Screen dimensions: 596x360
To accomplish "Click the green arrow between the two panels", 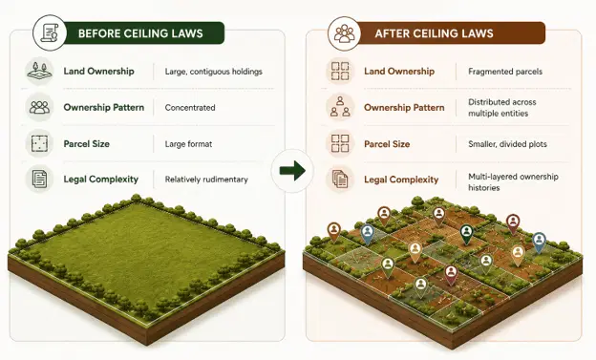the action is [292, 170].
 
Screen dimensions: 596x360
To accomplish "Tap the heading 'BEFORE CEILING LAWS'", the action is [140, 33].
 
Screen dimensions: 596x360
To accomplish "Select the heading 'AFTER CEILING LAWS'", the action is [434, 33].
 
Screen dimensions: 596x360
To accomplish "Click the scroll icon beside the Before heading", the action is [50, 33].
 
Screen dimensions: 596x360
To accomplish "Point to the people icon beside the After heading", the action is [345, 33].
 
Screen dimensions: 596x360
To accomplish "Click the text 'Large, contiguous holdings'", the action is [214, 72].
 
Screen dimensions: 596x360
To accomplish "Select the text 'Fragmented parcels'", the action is [505, 72].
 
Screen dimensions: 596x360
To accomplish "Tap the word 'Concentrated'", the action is [190, 108].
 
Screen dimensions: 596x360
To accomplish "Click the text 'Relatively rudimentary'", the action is [206, 180].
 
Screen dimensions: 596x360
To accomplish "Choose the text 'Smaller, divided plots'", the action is [507, 144].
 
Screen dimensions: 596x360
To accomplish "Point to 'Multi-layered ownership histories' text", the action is [513, 182].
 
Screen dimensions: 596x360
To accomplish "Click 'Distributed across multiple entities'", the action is [502, 108].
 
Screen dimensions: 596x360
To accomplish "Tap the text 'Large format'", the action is [188, 144].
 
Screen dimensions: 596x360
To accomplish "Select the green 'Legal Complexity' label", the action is [100, 180].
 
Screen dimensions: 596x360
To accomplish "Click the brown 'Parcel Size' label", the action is [387, 144].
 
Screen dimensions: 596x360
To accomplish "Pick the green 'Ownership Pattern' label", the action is [104, 108].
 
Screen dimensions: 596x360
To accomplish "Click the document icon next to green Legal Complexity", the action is [39, 180].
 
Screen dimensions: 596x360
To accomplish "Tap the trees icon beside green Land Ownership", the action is [39, 71].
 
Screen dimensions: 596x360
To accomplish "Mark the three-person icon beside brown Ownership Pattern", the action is [340, 107].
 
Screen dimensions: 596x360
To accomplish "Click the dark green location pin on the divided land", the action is [466, 234].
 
